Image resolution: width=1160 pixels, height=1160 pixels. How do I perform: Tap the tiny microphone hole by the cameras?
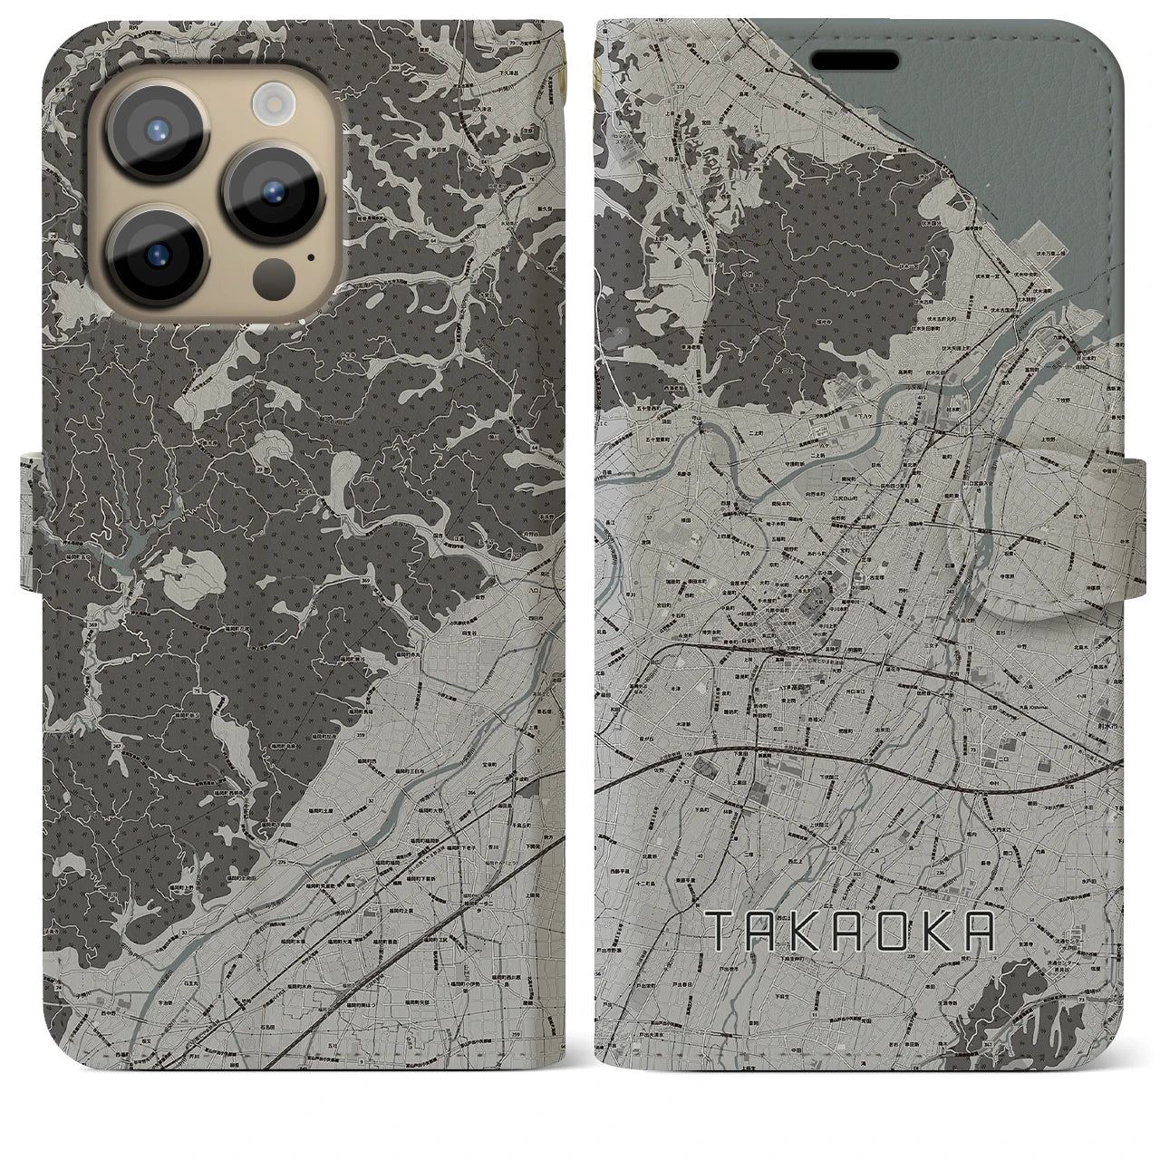coord(311,256)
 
